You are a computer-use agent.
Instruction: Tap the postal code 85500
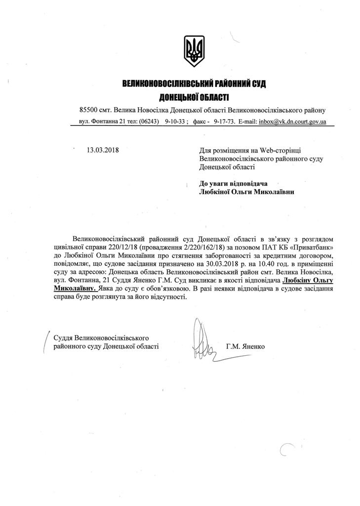(89, 110)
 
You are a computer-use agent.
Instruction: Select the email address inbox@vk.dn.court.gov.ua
(292, 122)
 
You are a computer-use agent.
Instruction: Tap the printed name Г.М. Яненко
(245, 346)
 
